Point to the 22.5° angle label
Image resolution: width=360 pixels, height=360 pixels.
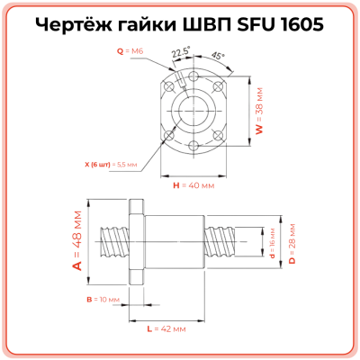[x=179, y=54]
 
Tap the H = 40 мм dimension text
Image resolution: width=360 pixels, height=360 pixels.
[x=193, y=185]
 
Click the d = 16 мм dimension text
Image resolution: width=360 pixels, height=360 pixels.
[x=273, y=242]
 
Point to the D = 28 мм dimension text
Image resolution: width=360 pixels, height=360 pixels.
[x=292, y=242]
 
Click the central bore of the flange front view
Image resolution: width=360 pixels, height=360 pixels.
[x=193, y=112]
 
